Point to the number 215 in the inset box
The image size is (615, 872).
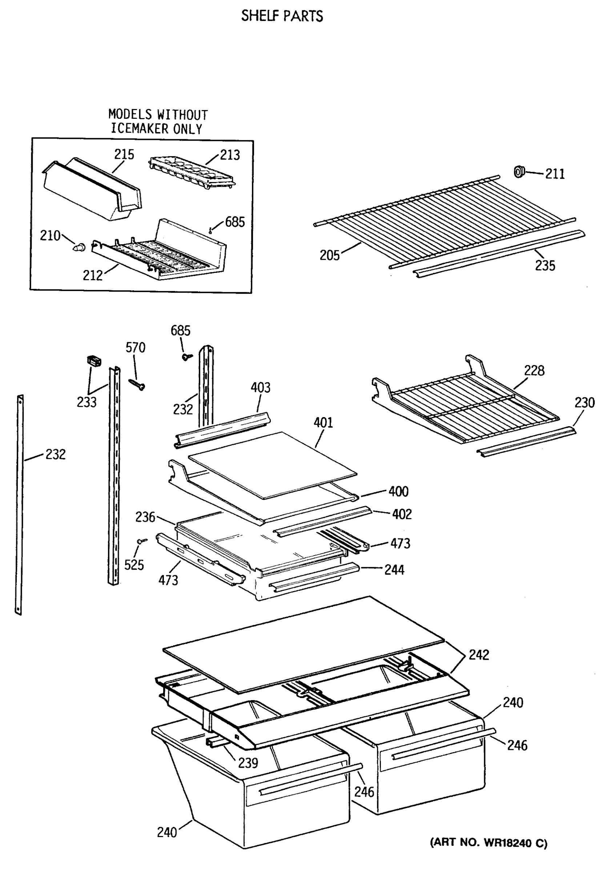(124, 154)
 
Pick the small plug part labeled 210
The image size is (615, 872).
(79, 248)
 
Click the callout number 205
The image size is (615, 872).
(329, 255)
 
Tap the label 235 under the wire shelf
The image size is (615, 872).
(545, 266)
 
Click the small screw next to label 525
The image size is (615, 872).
(142, 540)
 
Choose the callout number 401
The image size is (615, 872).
(323, 422)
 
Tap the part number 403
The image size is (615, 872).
(260, 387)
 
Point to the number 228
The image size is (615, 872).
(534, 370)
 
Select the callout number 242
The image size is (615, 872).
(479, 655)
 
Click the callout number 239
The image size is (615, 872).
(248, 763)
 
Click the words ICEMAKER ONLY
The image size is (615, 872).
(157, 129)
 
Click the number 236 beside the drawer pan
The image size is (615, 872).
(145, 517)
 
